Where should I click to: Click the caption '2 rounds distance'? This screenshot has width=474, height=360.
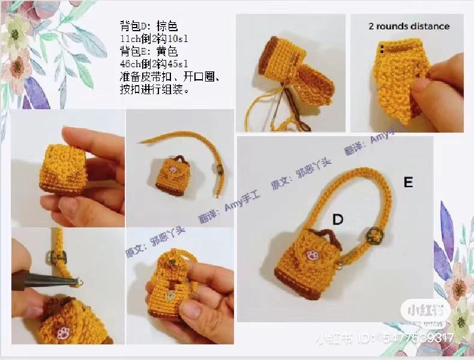click(x=409, y=26)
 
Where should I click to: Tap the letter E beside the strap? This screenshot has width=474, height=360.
click(x=408, y=182)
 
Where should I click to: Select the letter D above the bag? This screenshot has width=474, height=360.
click(x=338, y=220)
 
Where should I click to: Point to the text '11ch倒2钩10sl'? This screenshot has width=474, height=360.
click(x=154, y=39)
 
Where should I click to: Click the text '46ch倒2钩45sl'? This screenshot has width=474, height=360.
click(x=154, y=64)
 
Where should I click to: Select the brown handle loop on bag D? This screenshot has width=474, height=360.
click(x=327, y=235)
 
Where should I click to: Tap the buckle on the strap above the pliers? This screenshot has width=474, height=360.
click(x=58, y=259)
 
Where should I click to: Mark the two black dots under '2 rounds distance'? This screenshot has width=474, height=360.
click(x=382, y=47)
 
